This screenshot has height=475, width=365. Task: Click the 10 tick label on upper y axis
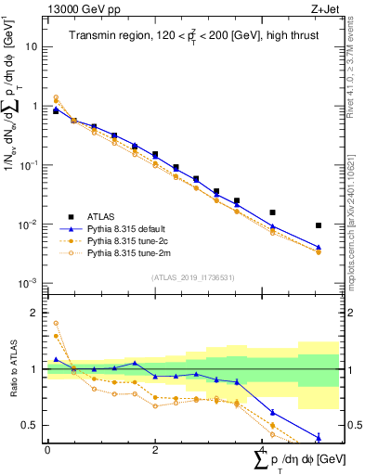click(x=32, y=46)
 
